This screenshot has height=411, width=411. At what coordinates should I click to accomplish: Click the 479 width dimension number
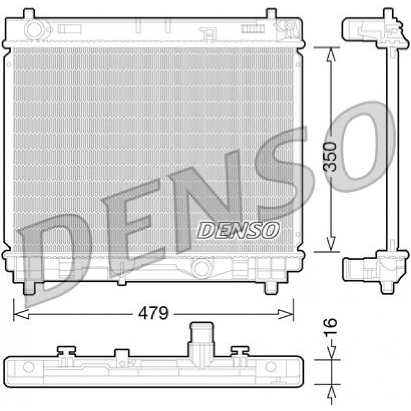pyautogui.click(x=153, y=314)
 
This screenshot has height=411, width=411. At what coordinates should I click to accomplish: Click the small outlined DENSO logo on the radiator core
pyautogui.click(x=238, y=230)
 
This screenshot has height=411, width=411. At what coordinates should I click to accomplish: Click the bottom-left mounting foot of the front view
pyautogui.click(x=29, y=287)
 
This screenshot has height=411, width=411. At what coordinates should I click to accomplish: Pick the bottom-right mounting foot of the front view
pyautogui.click(x=270, y=287)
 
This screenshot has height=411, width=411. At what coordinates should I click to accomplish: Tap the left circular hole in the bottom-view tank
pyautogui.click(x=28, y=367)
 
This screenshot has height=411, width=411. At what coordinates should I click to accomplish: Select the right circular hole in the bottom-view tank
pyautogui.click(x=270, y=367)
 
